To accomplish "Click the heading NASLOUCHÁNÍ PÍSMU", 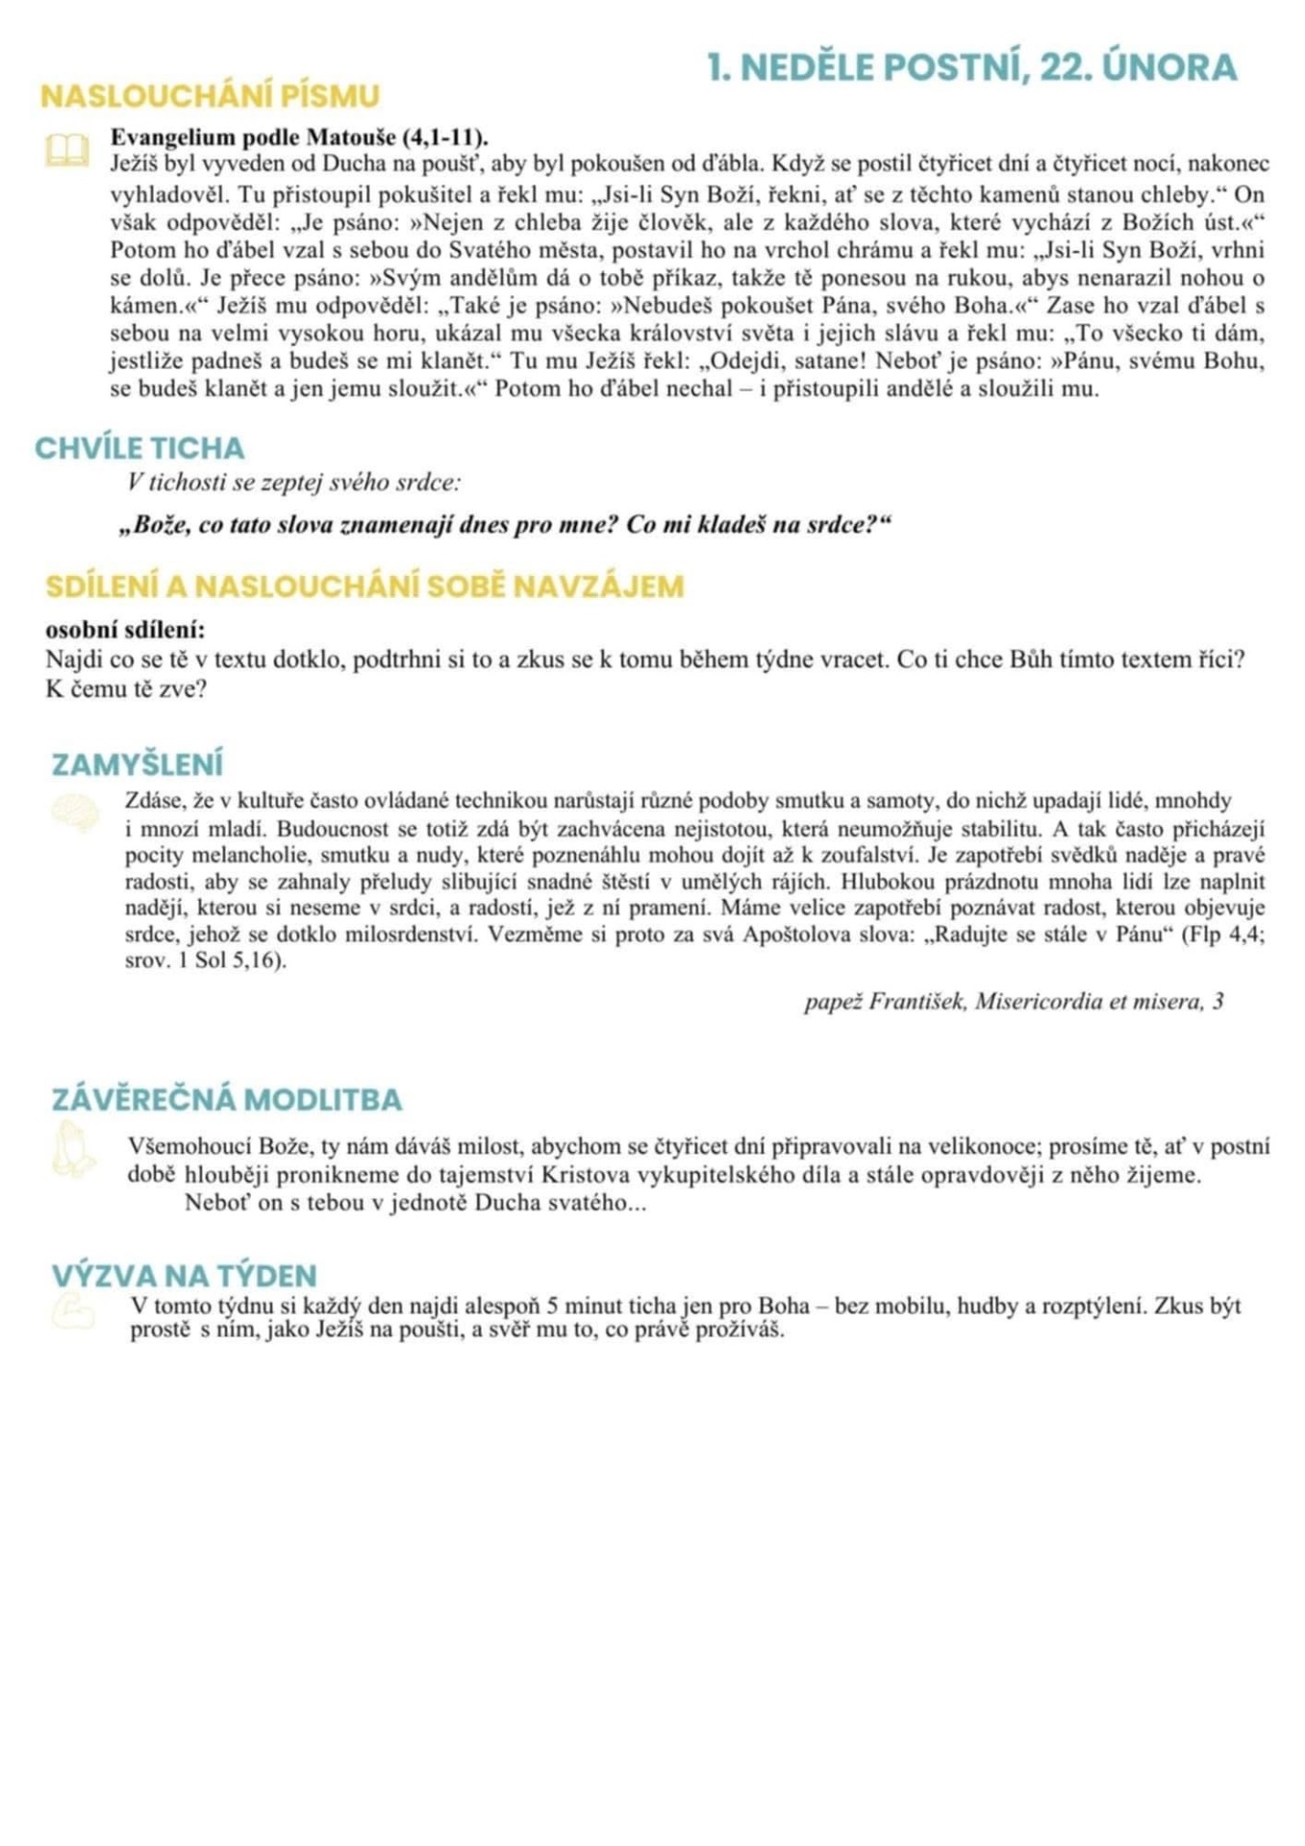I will click(x=210, y=96).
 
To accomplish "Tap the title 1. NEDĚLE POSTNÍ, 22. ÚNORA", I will click(x=971, y=67).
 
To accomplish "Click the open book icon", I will click(x=67, y=150).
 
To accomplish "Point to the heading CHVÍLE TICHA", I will click(x=139, y=448).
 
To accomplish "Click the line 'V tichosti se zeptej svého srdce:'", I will click(x=294, y=483).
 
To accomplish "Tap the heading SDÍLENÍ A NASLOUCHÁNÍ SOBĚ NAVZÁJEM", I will click(x=364, y=586).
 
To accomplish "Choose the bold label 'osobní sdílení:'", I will click(x=125, y=631).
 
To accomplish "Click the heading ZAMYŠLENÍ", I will click(x=137, y=764).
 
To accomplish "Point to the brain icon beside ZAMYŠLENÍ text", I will click(x=75, y=811).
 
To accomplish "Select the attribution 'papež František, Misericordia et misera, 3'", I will click(x=1014, y=1002).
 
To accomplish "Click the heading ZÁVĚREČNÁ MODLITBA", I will click(x=227, y=1100).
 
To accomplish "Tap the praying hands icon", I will click(x=73, y=1151).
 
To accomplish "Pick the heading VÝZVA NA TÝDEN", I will click(x=184, y=1276).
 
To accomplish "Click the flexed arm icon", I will click(x=73, y=1311).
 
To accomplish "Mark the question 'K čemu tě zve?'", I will click(x=126, y=689).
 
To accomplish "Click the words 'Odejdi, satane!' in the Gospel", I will click(x=787, y=362).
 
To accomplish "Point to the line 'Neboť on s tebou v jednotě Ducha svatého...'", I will click(x=415, y=1203).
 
